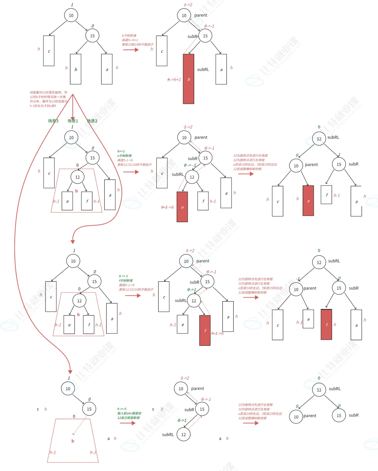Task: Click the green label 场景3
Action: [x=53, y=121]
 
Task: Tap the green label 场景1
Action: [x=73, y=121]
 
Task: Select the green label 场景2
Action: [x=92, y=121]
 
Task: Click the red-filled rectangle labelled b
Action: [x=189, y=79]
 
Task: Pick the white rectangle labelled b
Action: [x=76, y=69]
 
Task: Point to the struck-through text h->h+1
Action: [x=174, y=80]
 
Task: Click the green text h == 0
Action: [x=122, y=409]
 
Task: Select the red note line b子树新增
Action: [x=129, y=36]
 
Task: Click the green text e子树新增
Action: [x=124, y=156]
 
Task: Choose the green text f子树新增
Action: [x=126, y=280]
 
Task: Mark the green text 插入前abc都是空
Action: [x=129, y=413]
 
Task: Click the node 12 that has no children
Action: [x=184, y=435]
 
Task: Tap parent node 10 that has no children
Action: [x=296, y=417]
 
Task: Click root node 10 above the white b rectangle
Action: [x=71, y=15]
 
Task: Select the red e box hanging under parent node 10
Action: [x=308, y=201]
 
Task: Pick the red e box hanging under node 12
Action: [x=182, y=207]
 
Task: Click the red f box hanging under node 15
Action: [x=326, y=324]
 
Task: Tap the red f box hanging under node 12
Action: [x=205, y=330]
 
